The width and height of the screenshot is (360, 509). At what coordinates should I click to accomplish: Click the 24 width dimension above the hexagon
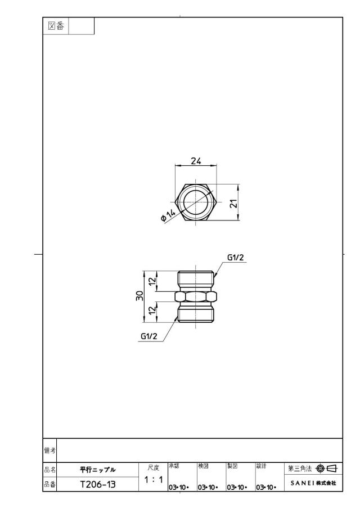tap(196, 161)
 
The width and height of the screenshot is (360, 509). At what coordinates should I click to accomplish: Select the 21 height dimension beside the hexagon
tap(234, 203)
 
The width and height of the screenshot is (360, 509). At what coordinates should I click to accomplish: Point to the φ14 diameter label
tap(168, 215)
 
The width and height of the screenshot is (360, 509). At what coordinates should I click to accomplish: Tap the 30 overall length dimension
tap(139, 296)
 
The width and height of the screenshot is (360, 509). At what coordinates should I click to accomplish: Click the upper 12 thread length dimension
tap(152, 281)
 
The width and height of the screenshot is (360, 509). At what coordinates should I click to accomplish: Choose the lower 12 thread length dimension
tap(152, 310)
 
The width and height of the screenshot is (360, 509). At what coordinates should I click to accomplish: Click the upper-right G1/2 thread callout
tap(235, 258)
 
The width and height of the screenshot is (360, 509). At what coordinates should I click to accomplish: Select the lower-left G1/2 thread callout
tap(149, 336)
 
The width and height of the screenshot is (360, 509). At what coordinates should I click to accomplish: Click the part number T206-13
tap(98, 484)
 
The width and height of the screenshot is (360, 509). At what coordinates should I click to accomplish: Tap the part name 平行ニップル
tap(98, 470)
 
